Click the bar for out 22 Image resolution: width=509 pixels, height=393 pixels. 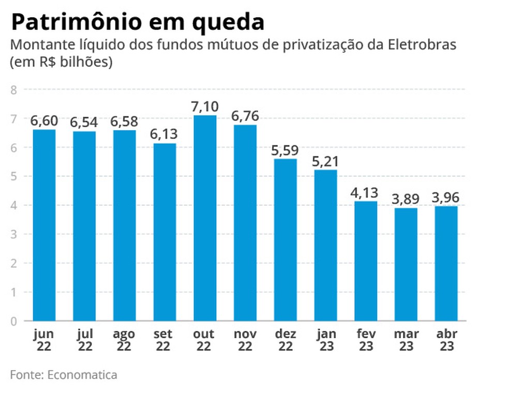(x=205, y=218)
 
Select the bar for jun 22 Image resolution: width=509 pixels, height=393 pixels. (x=44, y=225)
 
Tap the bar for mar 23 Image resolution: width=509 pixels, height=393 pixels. (x=406, y=264)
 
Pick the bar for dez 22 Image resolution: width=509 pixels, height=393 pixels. (x=285, y=239)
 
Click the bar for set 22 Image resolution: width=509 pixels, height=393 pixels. (x=164, y=232)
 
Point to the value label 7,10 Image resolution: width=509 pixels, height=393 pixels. (x=205, y=107)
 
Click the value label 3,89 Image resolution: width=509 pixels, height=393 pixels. (x=406, y=199)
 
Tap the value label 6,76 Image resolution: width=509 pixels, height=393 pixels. (x=245, y=116)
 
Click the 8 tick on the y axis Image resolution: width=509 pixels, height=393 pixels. (x=14, y=90)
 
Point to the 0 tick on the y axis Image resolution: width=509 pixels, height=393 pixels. (x=14, y=321)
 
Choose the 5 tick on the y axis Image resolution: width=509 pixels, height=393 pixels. (x=14, y=177)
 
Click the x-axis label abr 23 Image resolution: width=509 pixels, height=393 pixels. (x=446, y=340)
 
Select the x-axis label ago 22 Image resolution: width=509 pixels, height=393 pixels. (x=125, y=340)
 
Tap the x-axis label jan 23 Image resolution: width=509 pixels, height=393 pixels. (x=325, y=340)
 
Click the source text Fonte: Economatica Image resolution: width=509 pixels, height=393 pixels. (x=64, y=374)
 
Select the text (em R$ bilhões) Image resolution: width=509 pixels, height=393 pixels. (x=62, y=62)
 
